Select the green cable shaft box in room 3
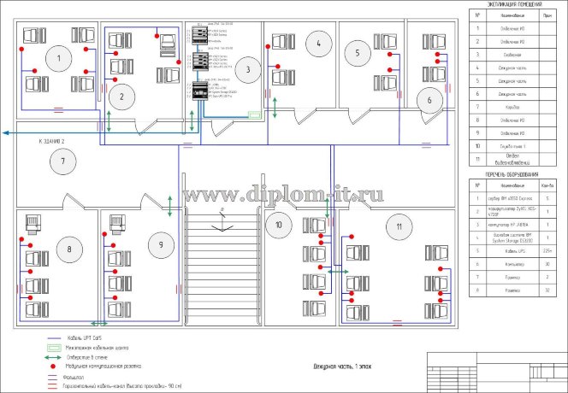tap(254, 113)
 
